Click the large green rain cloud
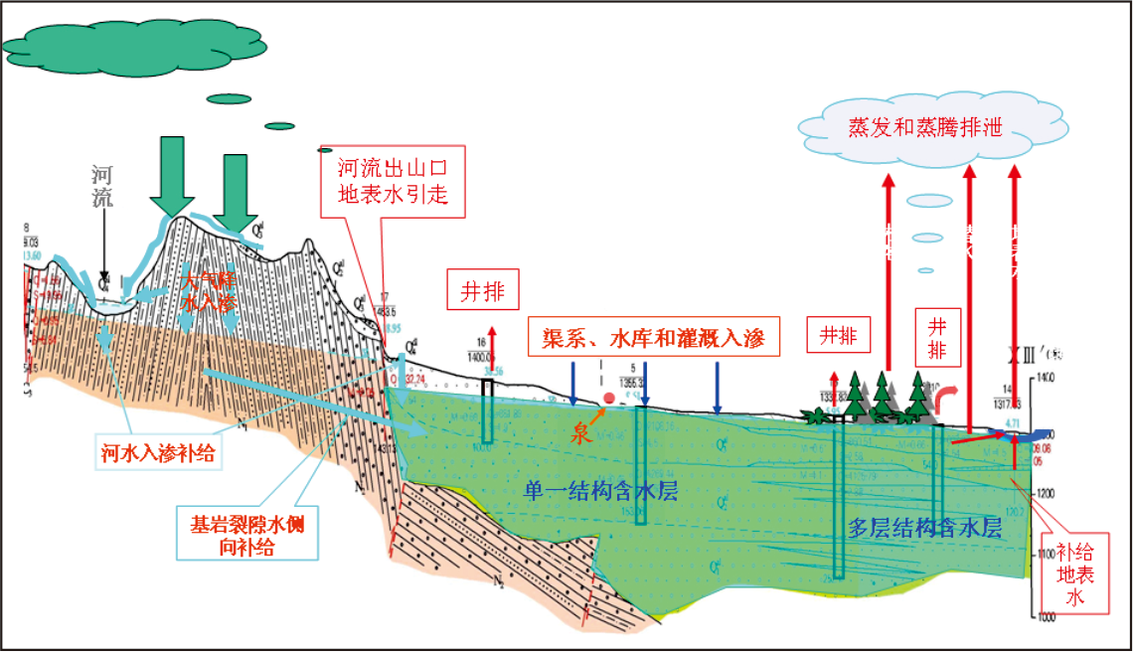click(x=120, y=45)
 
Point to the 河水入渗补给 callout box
click(x=158, y=452)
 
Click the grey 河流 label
click(x=103, y=184)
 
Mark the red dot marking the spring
click(x=608, y=399)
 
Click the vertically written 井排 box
click(x=937, y=338)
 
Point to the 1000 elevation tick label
click(x=1045, y=617)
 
